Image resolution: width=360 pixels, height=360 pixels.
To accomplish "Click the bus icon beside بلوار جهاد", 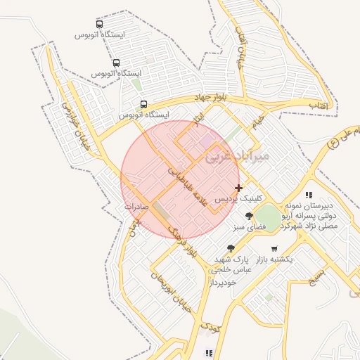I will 143,104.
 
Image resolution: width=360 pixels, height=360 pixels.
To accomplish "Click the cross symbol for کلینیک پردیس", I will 239,188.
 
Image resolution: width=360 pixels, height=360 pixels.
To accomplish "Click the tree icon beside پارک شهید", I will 231,248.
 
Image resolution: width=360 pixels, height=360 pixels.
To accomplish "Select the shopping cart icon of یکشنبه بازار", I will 274,248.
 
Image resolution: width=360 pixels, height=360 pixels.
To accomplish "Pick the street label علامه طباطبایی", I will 188,185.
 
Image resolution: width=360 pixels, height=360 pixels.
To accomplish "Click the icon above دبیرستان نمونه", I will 308,195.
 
